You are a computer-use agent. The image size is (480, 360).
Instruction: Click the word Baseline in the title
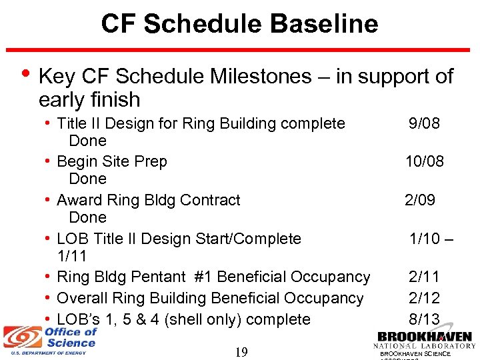click(324, 24)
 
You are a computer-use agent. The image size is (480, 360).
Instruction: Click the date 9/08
click(424, 123)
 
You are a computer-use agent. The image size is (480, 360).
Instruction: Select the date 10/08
click(425, 161)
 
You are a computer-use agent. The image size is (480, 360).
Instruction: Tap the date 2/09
click(420, 200)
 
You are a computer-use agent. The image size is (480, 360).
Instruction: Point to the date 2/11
click(424, 277)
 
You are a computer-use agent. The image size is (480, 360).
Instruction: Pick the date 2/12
click(424, 298)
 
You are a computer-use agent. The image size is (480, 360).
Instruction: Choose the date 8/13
click(424, 319)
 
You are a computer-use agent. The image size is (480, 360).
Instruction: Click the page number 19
click(241, 351)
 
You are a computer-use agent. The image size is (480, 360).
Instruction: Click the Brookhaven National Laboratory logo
click(425, 341)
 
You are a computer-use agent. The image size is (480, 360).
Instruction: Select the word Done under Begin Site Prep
click(87, 179)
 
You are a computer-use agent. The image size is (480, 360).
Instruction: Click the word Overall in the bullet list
click(83, 298)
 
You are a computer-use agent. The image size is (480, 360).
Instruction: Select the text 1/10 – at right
click(431, 239)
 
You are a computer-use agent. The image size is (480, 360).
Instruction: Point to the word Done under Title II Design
click(87, 141)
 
